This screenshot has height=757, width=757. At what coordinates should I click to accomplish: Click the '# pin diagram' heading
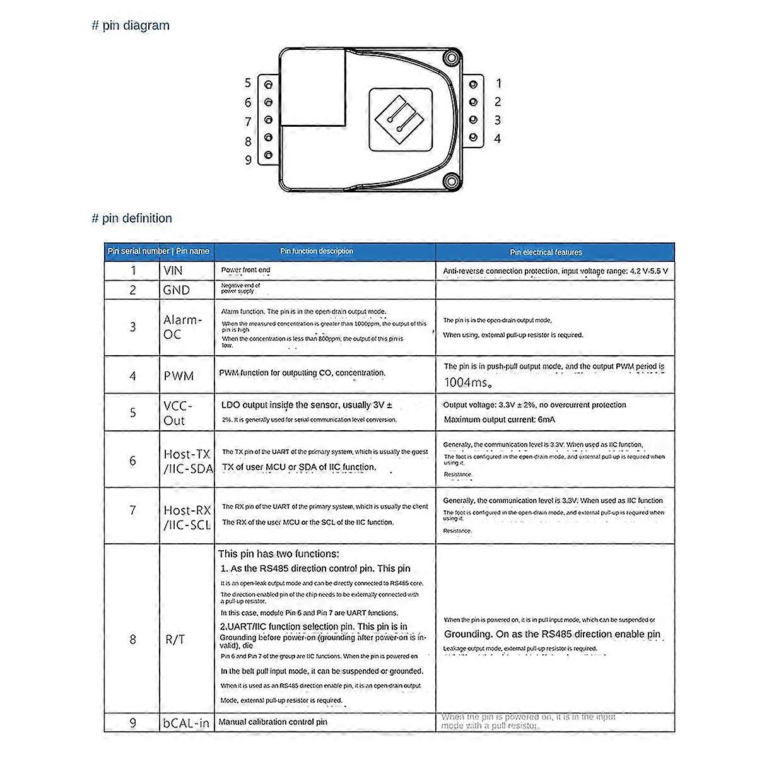131,26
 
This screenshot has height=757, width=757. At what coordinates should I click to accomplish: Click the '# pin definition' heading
132,218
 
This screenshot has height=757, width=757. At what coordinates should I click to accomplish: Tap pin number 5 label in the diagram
248,83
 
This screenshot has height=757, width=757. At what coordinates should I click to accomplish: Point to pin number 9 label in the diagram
248,160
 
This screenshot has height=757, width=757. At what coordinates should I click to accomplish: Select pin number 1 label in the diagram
498,83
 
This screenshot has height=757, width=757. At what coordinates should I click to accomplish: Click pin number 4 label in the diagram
498,138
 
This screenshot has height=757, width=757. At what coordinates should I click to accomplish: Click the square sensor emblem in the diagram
401,119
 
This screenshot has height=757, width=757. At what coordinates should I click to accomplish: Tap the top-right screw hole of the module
450,59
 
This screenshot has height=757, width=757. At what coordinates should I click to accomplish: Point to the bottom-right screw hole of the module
450,182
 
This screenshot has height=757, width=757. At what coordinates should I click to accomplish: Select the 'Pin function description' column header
317,251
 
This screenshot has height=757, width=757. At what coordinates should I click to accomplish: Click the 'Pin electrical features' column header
546,252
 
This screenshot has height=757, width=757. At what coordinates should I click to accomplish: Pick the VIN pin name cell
173,271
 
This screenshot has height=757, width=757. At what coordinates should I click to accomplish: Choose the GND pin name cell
176,290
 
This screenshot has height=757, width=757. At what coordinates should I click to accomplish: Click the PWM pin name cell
179,376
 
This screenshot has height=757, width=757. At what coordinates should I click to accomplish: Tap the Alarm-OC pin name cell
182,327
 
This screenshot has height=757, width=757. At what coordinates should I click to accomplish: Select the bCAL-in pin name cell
186,723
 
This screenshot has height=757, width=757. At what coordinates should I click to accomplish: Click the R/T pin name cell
175,639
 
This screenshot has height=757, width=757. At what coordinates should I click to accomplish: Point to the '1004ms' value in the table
467,382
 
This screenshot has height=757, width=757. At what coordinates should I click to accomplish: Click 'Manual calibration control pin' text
273,722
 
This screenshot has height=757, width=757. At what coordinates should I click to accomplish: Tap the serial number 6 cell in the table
132,461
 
